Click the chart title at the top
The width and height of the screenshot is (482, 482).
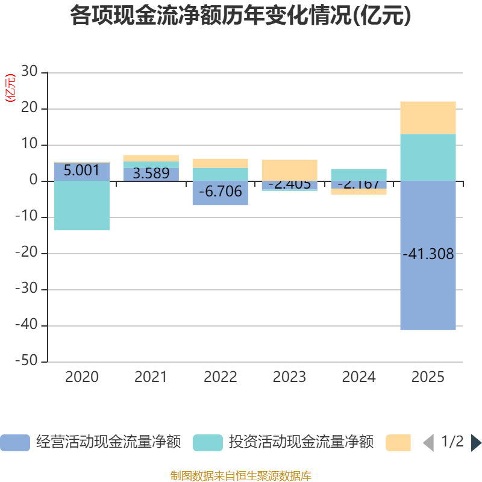(x=240, y=16)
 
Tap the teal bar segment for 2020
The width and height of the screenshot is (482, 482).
(x=82, y=205)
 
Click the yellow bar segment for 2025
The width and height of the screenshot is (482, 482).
(x=428, y=117)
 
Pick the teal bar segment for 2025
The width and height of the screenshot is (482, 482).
(x=428, y=157)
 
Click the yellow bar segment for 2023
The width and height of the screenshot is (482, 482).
(x=289, y=170)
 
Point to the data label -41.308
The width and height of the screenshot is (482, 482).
(x=428, y=254)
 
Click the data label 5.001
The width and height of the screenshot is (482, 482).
(x=81, y=171)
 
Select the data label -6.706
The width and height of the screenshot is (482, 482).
(x=221, y=192)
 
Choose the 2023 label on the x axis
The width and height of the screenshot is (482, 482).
(x=289, y=377)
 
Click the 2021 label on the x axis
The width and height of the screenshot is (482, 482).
(x=151, y=377)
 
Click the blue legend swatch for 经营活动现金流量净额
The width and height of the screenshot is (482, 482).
(x=14, y=443)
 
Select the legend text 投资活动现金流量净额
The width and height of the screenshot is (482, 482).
(x=301, y=443)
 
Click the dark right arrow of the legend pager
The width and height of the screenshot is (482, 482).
(x=476, y=443)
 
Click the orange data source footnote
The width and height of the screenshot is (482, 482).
(x=241, y=475)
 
